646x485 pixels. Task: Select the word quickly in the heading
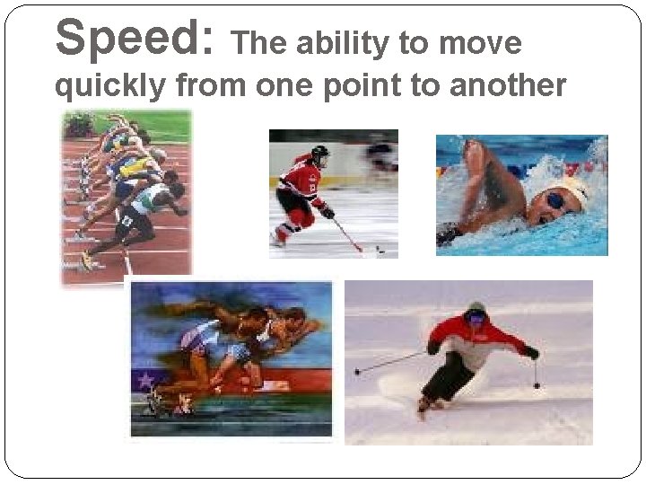[110, 86]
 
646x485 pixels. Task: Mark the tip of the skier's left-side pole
[357, 371]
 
